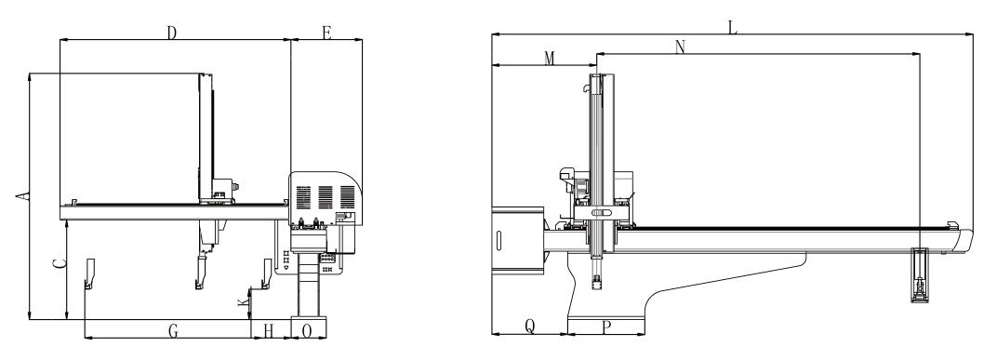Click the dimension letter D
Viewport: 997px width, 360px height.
[x=172, y=33]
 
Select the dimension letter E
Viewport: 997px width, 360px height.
[x=326, y=33]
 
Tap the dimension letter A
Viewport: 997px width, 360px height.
[x=22, y=196]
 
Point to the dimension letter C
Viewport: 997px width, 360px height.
[x=60, y=263]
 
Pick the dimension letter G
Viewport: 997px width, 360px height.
[x=172, y=331]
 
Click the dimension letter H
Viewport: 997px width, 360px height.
[x=269, y=331]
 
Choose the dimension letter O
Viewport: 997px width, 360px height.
[x=307, y=331]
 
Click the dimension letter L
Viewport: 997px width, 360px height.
[x=733, y=27]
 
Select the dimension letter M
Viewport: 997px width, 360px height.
[x=550, y=59]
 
